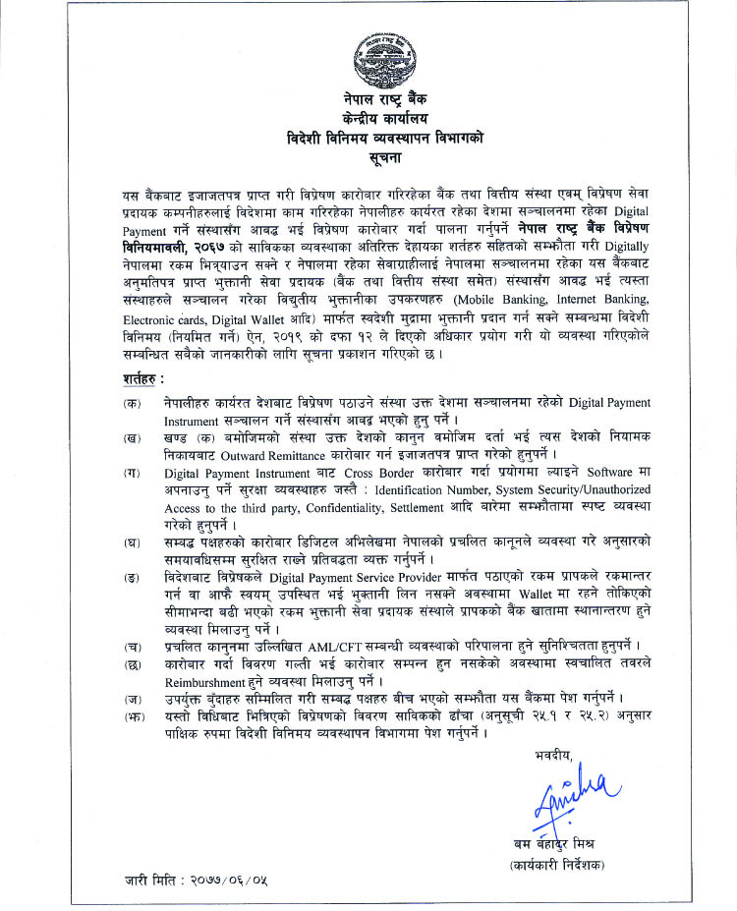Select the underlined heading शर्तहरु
pos(143,378)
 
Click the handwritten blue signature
pos(576,796)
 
